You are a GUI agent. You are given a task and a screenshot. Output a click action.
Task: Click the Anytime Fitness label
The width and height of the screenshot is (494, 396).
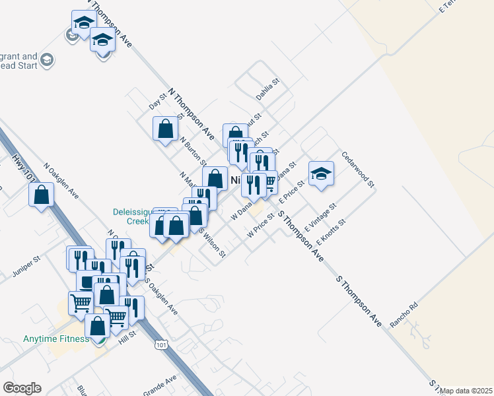click(x=55, y=339)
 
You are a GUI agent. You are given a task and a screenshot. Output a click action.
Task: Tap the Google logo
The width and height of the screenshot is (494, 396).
click(x=22, y=388)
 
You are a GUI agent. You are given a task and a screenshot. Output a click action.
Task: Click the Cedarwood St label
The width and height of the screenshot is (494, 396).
click(x=358, y=169)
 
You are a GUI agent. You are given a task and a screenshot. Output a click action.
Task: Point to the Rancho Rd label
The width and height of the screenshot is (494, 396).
click(x=404, y=315)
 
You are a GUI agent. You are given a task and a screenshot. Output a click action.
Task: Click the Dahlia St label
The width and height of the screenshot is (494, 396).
click(x=268, y=89)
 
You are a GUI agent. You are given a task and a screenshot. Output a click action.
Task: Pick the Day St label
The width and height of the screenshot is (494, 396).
click(x=157, y=101)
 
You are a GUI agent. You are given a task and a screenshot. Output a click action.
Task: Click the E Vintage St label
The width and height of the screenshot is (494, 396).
click(x=320, y=216)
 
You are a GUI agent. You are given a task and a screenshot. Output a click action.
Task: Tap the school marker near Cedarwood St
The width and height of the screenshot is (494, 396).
click(x=321, y=174)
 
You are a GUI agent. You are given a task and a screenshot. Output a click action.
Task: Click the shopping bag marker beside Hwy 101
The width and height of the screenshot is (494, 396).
click(x=42, y=195)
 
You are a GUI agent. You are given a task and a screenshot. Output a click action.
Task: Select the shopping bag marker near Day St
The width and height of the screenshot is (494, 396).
click(x=165, y=128)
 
